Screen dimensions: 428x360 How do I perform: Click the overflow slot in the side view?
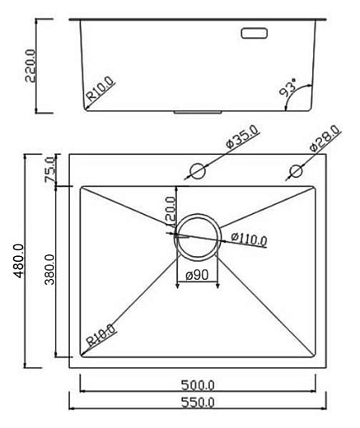click(253, 34)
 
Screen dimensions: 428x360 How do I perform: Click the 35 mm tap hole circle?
click(197, 171)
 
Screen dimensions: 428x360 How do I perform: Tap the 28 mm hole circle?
click(294, 171)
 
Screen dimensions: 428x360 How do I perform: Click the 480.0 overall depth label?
click(18, 260)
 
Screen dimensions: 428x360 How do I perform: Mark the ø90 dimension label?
click(196, 275)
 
